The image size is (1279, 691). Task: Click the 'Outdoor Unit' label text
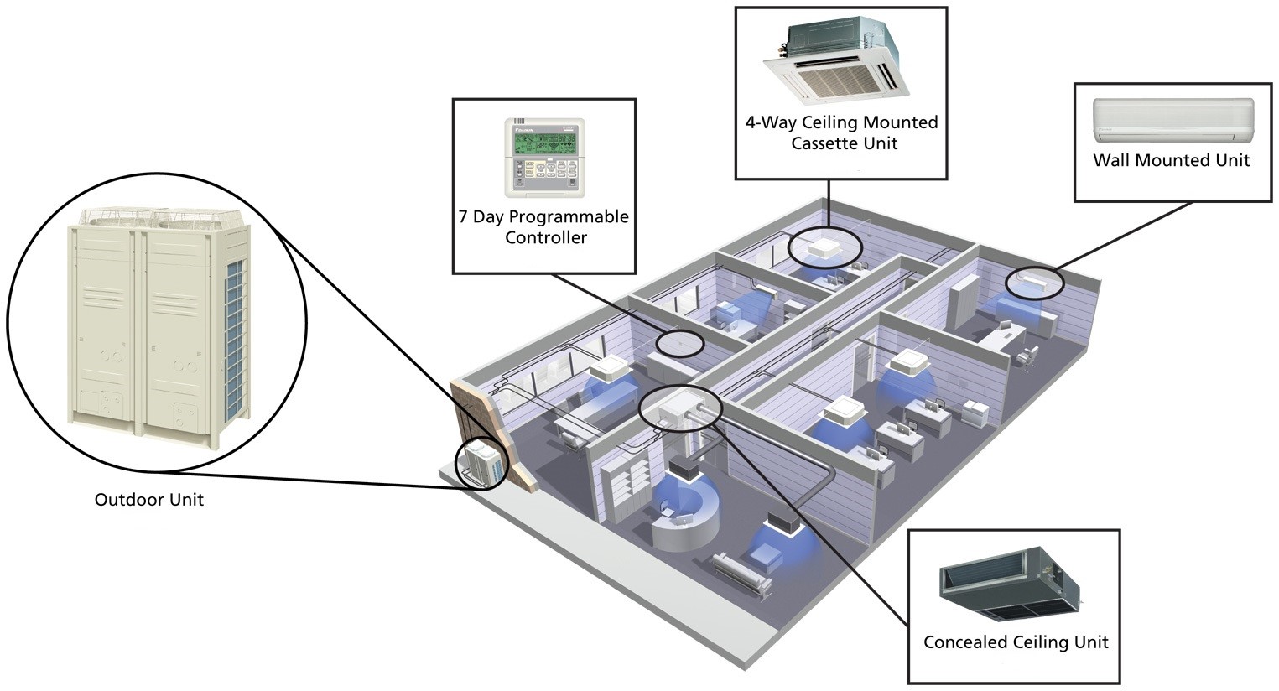click(149, 500)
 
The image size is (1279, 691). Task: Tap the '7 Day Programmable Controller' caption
click(543, 226)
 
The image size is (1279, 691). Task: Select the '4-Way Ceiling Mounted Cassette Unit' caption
click(842, 132)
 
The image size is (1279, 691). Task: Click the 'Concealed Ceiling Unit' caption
click(1016, 642)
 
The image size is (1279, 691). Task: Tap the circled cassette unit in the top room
click(824, 247)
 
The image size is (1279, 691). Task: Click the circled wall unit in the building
click(1033, 281)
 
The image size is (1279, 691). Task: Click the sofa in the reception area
click(742, 574)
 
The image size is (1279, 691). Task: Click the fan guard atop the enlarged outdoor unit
click(161, 217)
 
